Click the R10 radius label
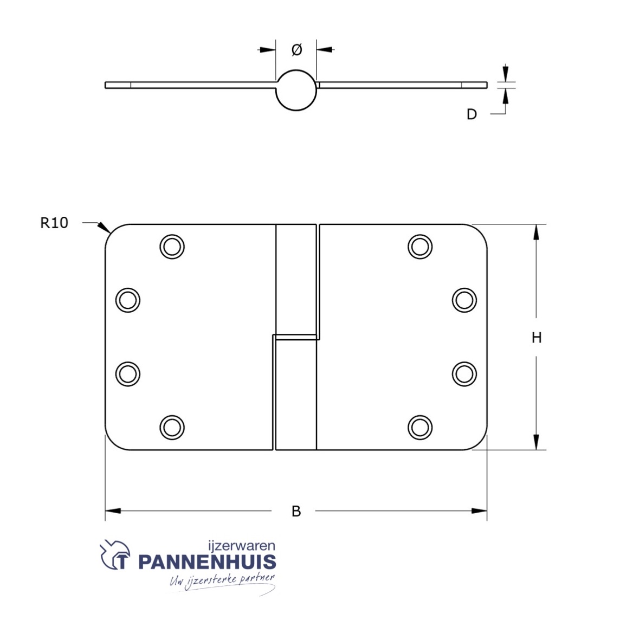tap(54, 223)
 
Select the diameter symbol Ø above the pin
tap(296, 50)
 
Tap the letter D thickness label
tap(472, 114)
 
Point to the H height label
tap(536, 338)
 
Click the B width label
tap(296, 511)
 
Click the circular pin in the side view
tap(296, 90)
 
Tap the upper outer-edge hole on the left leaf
tap(128, 300)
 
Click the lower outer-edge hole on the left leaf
tap(128, 373)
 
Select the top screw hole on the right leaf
tap(420, 247)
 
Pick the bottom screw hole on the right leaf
tap(420, 427)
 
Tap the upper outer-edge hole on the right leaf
tap(464, 300)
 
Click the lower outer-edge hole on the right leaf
tap(464, 373)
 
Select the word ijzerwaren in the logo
tap(242, 546)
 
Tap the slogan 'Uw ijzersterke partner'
tap(222, 582)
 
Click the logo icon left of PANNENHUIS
tap(115, 556)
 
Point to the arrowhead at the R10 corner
tap(105, 228)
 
